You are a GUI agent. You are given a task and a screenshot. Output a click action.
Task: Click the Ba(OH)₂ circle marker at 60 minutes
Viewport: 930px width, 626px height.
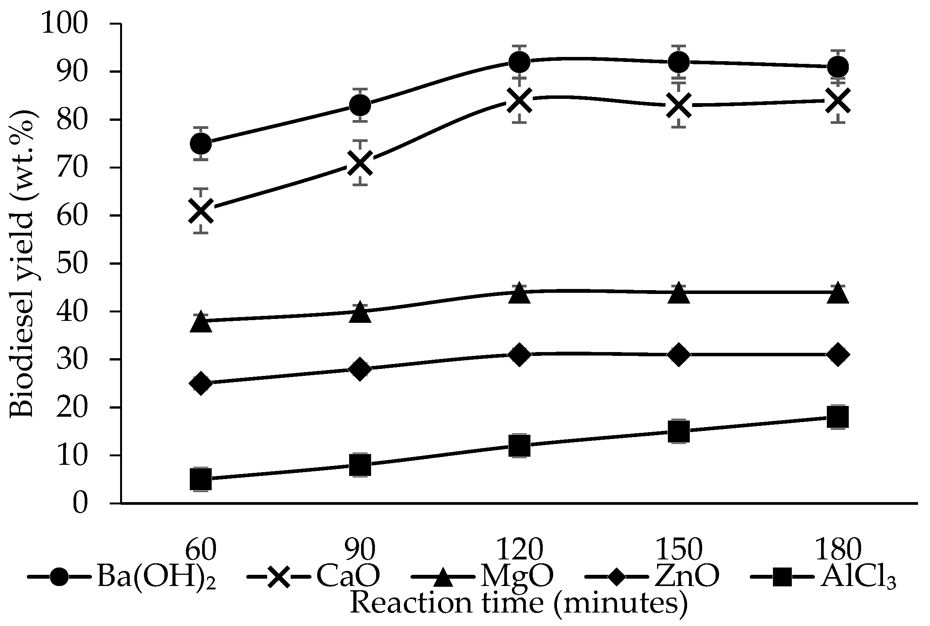pos(201,144)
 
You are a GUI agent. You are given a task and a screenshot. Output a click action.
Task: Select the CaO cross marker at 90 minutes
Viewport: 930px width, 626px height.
pos(360,163)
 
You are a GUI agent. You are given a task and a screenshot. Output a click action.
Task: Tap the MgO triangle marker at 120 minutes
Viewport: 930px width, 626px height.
pos(519,293)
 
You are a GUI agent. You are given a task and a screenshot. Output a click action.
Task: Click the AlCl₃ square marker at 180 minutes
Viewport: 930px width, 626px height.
pos(838,417)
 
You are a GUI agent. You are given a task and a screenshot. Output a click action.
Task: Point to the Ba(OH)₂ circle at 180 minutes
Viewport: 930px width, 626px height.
pos(838,67)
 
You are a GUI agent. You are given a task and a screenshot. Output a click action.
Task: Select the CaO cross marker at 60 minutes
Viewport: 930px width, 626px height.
pos(201,210)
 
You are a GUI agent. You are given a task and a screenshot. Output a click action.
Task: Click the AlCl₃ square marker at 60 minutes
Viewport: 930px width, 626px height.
pos(201,479)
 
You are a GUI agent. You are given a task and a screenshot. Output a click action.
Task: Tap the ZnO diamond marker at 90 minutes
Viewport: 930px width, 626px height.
pos(360,369)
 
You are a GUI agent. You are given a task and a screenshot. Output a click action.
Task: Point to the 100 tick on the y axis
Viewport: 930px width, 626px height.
pos(64,24)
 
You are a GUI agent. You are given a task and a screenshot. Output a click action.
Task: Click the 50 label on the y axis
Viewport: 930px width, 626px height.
pos(72,264)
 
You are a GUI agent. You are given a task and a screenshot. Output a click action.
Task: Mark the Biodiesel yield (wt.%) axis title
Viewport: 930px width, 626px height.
pos(22,264)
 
